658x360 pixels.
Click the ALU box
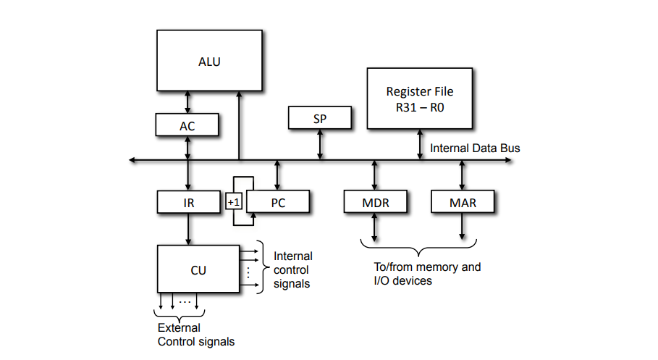coord(209,60)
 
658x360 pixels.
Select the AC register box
coord(187,125)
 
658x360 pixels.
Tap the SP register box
coord(320,118)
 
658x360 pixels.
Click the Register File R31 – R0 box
coord(420,99)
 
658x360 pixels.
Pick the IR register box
coord(187,202)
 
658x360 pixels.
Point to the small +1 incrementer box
coord(233,202)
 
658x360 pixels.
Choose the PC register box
coord(278,202)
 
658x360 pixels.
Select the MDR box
coord(375,202)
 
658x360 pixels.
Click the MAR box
coord(463,202)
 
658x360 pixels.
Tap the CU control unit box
coord(198,269)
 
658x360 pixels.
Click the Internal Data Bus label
coord(475,148)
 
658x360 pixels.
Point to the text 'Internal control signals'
coord(292,270)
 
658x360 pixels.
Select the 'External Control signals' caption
coord(195,334)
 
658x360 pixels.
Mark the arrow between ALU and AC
coord(187,101)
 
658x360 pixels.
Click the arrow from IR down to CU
coord(187,228)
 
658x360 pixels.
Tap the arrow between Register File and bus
coord(420,145)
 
